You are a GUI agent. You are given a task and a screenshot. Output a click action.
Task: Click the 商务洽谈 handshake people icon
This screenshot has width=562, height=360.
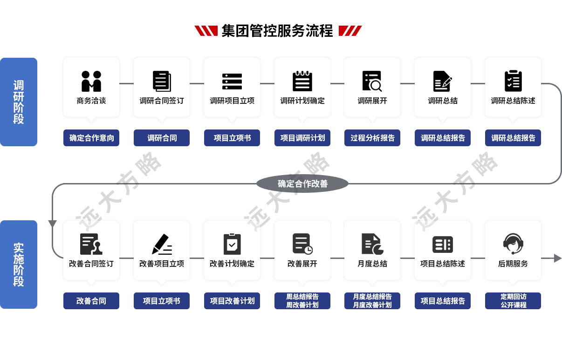(x=91, y=81)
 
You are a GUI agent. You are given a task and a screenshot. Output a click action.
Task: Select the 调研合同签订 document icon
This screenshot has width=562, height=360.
(x=162, y=81)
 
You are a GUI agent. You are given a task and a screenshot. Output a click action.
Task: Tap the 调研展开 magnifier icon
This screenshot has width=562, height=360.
(x=372, y=81)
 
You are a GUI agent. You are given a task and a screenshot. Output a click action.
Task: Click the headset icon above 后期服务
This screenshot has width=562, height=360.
(x=513, y=244)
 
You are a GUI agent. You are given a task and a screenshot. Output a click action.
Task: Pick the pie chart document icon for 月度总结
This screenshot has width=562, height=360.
(x=372, y=244)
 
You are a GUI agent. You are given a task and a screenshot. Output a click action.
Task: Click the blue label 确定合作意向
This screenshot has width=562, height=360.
(x=91, y=138)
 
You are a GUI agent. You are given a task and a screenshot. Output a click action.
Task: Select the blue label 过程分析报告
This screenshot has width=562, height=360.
(x=372, y=138)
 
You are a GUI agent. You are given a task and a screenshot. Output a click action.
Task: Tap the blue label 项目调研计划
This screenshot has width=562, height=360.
(x=302, y=138)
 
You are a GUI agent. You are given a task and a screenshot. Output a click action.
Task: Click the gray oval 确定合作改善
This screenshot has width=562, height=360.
(x=302, y=183)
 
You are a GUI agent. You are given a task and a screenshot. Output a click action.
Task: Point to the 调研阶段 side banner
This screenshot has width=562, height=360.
(x=19, y=102)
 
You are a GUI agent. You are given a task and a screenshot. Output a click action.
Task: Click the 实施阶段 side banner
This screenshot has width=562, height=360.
(x=19, y=265)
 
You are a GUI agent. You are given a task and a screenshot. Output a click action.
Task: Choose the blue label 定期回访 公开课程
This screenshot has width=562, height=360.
(x=513, y=301)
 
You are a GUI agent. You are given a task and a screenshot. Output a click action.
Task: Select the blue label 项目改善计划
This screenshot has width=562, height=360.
(x=232, y=301)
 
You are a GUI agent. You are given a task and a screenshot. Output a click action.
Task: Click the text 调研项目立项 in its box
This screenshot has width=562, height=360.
(x=232, y=101)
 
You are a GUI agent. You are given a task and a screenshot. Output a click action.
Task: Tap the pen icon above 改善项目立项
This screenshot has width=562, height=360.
(x=162, y=244)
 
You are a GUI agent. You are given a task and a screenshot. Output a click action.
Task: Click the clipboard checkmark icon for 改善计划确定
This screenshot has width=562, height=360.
(x=232, y=244)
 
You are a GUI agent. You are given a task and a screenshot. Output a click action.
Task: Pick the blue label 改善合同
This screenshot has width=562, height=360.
(x=91, y=301)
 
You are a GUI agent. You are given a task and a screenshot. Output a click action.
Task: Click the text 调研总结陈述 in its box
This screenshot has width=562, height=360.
(x=513, y=101)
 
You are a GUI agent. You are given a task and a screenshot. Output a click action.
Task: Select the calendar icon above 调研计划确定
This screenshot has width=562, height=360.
(x=302, y=81)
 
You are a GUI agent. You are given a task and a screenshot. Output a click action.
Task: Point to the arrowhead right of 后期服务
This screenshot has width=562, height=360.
(x=557, y=258)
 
